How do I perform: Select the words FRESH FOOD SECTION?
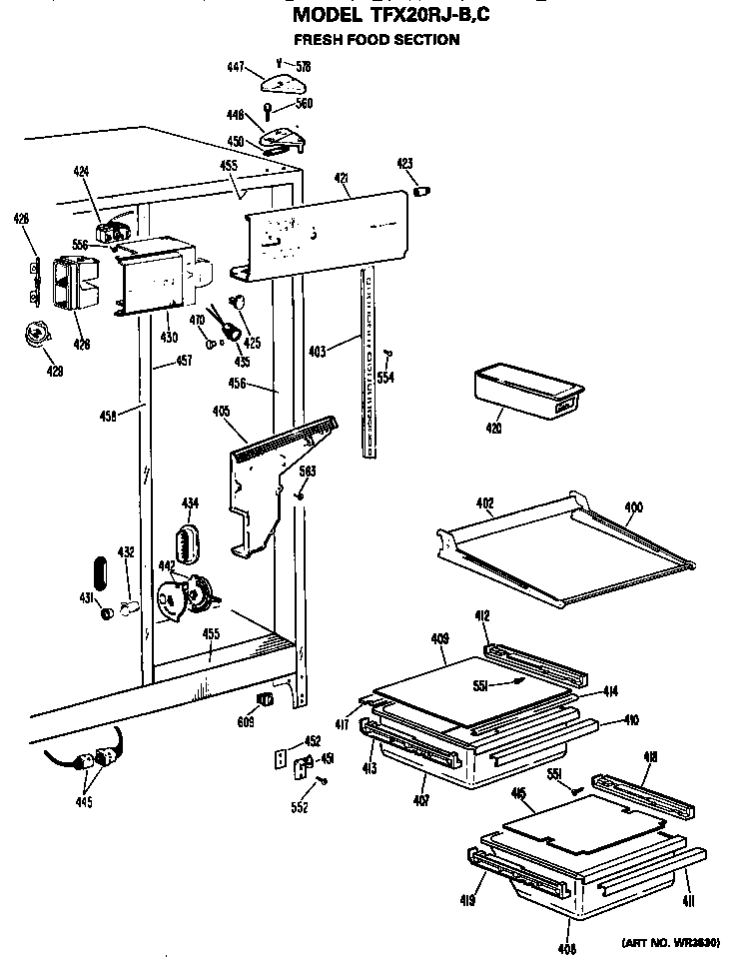pos(375,40)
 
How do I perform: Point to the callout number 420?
pos(493,428)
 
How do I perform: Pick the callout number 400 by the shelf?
pos(633,507)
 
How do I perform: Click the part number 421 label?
pos(341,178)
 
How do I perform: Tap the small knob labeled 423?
pos(421,190)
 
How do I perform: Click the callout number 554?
pos(384,377)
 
